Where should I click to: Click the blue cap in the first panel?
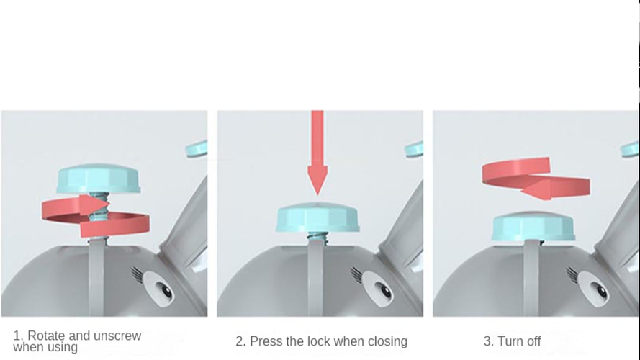tap(99, 179)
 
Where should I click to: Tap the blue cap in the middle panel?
tap(317, 217)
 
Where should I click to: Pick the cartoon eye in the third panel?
tap(593, 287)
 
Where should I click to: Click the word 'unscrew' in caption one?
tap(117, 336)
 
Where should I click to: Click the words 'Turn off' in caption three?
tap(519, 341)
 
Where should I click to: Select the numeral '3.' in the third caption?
tap(489, 341)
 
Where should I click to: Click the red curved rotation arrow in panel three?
tap(536, 179)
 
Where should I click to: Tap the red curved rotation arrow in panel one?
tap(96, 216)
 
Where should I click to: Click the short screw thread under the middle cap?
tap(317, 236)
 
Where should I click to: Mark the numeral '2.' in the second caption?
tap(241, 341)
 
